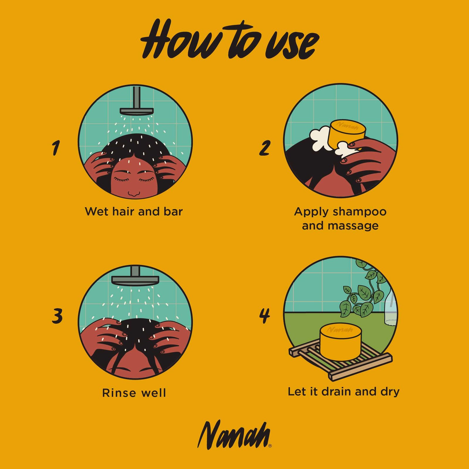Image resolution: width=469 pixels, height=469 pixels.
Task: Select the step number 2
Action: tap(264, 148)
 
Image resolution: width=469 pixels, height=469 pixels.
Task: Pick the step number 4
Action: tap(264, 316)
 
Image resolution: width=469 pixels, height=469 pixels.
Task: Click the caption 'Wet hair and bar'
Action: tap(134, 211)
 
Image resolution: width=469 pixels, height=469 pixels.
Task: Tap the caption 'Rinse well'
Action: tap(134, 392)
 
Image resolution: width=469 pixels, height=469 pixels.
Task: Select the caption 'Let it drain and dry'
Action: tap(344, 392)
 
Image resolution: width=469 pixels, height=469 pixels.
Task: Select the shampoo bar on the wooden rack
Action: tap(341, 342)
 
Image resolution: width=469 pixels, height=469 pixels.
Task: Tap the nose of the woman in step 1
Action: tap(134, 193)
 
